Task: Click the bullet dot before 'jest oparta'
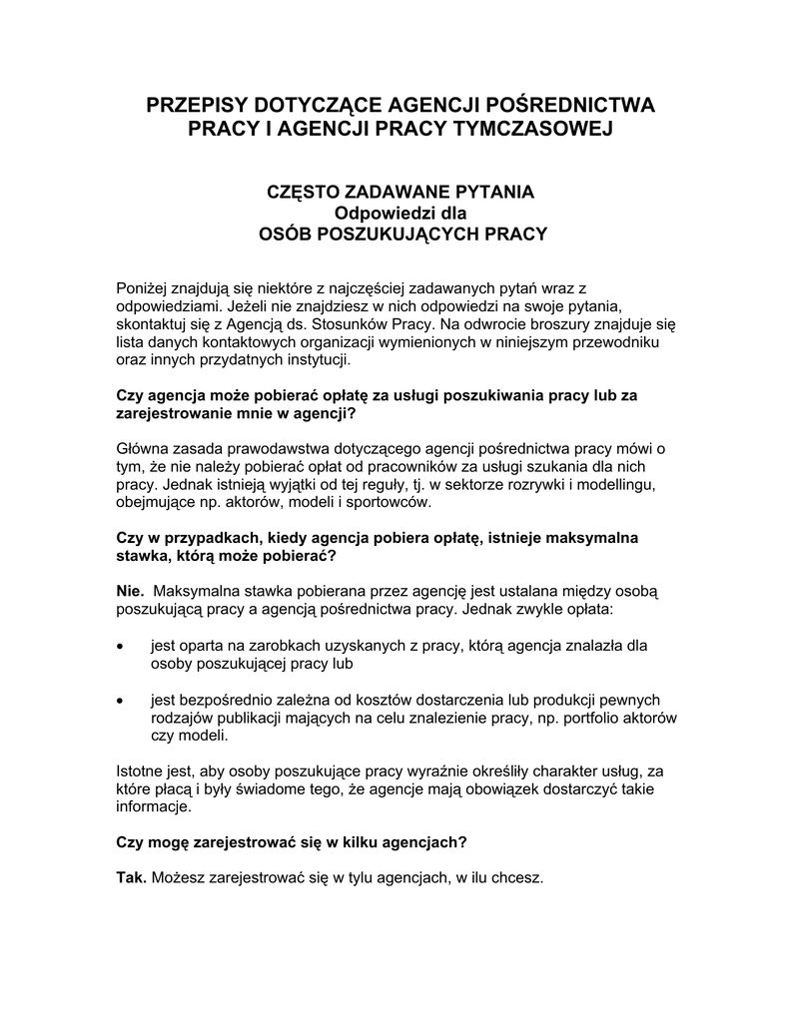(121, 646)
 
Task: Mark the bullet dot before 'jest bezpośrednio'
(121, 700)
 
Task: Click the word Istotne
(143, 770)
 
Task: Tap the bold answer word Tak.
(132, 877)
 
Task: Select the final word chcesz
(518, 877)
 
